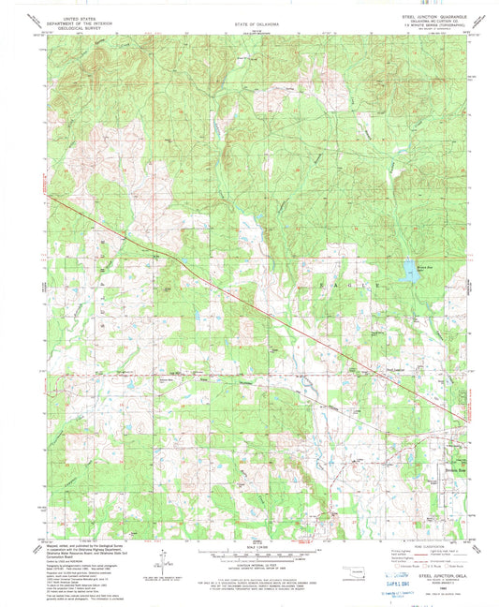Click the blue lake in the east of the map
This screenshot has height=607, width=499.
(410, 273)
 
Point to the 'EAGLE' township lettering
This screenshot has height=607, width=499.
(351, 281)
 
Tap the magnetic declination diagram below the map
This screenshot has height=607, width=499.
(167, 563)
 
